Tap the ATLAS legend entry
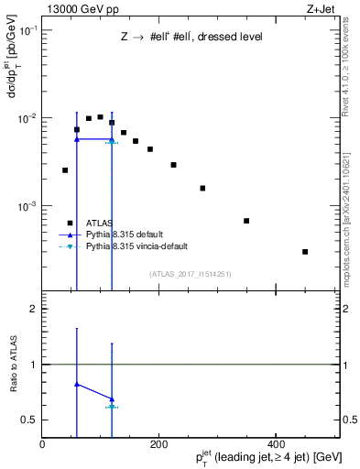pyautogui.click(x=101, y=223)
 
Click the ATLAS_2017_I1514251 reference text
pyautogui.click(x=191, y=274)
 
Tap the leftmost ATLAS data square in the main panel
pyautogui.click(x=65, y=170)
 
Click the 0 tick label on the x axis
pyautogui.click(x=43, y=442)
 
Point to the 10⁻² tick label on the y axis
pyautogui.click(x=27, y=119)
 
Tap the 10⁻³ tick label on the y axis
pyautogui.click(x=27, y=207)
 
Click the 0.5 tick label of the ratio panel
pyautogui.click(x=30, y=420)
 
